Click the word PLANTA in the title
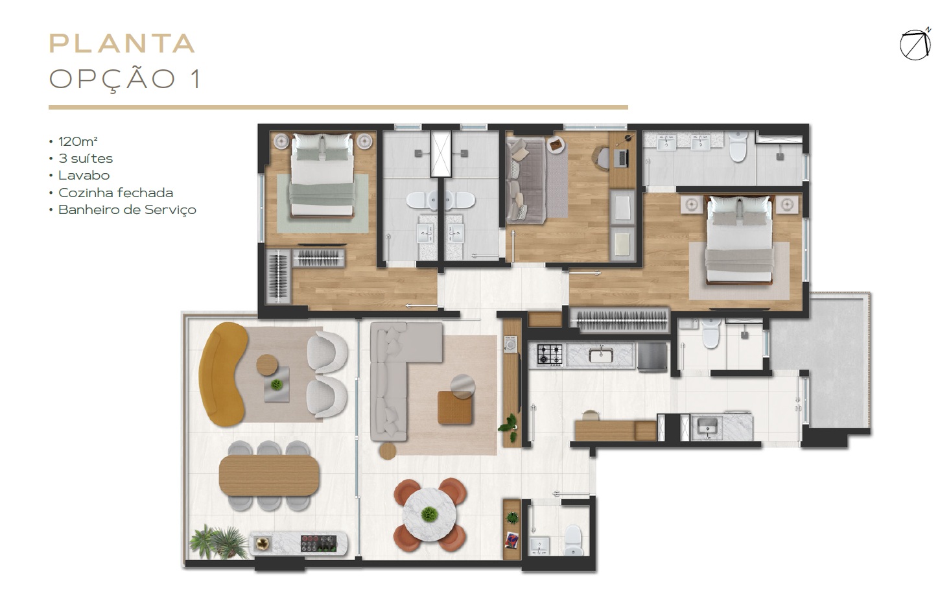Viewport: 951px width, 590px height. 123,43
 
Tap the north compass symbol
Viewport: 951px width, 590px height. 915,45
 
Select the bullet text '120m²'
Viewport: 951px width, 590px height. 78,141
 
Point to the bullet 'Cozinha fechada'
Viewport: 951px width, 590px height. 115,193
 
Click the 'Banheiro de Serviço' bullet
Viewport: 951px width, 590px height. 127,210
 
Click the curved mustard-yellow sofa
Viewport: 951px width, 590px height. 224,374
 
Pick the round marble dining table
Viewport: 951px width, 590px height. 430,514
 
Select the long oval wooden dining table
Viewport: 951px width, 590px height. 269,475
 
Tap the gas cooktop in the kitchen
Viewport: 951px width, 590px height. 550,355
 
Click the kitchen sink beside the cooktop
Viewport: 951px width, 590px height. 601,355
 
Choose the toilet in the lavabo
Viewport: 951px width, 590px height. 572,540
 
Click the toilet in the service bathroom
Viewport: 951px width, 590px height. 710,333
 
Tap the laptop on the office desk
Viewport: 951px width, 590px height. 622,158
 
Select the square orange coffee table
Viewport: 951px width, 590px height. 454,407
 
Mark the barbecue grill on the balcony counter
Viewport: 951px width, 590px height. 319,544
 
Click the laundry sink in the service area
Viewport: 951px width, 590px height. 708,426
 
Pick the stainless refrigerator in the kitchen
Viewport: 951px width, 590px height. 652,357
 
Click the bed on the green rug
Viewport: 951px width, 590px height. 322,175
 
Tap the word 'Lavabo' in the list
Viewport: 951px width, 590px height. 84,175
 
